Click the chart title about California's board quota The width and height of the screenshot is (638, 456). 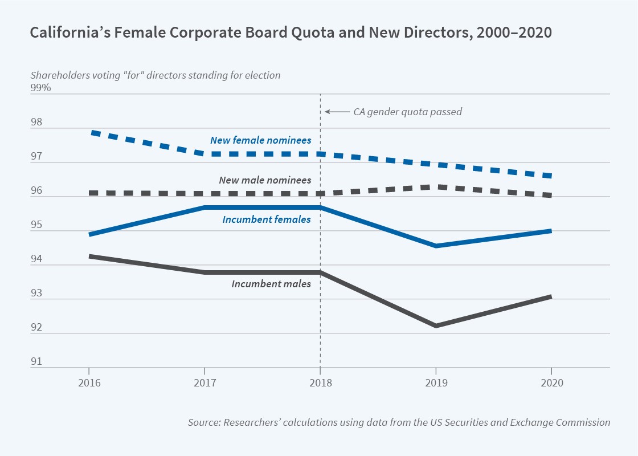click(291, 33)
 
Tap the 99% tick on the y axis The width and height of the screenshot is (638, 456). click(40, 88)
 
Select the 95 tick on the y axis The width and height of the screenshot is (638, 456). click(35, 225)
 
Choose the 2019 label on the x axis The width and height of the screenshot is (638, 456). click(436, 383)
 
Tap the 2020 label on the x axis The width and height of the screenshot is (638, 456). click(551, 383)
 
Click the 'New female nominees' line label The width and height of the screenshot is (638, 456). click(260, 140)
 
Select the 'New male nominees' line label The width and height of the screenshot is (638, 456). click(265, 180)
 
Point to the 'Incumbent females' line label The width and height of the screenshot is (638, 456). click(267, 219)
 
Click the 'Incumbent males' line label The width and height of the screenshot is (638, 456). click(271, 283)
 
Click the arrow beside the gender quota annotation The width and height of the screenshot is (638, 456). click(336, 112)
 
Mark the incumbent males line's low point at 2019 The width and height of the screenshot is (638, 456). click(436, 325)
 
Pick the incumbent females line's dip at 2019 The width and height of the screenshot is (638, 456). click(436, 246)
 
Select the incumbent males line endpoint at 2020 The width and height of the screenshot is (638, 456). click(550, 297)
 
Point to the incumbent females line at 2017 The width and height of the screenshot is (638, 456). click(205, 207)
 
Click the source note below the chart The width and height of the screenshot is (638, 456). click(399, 422)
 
